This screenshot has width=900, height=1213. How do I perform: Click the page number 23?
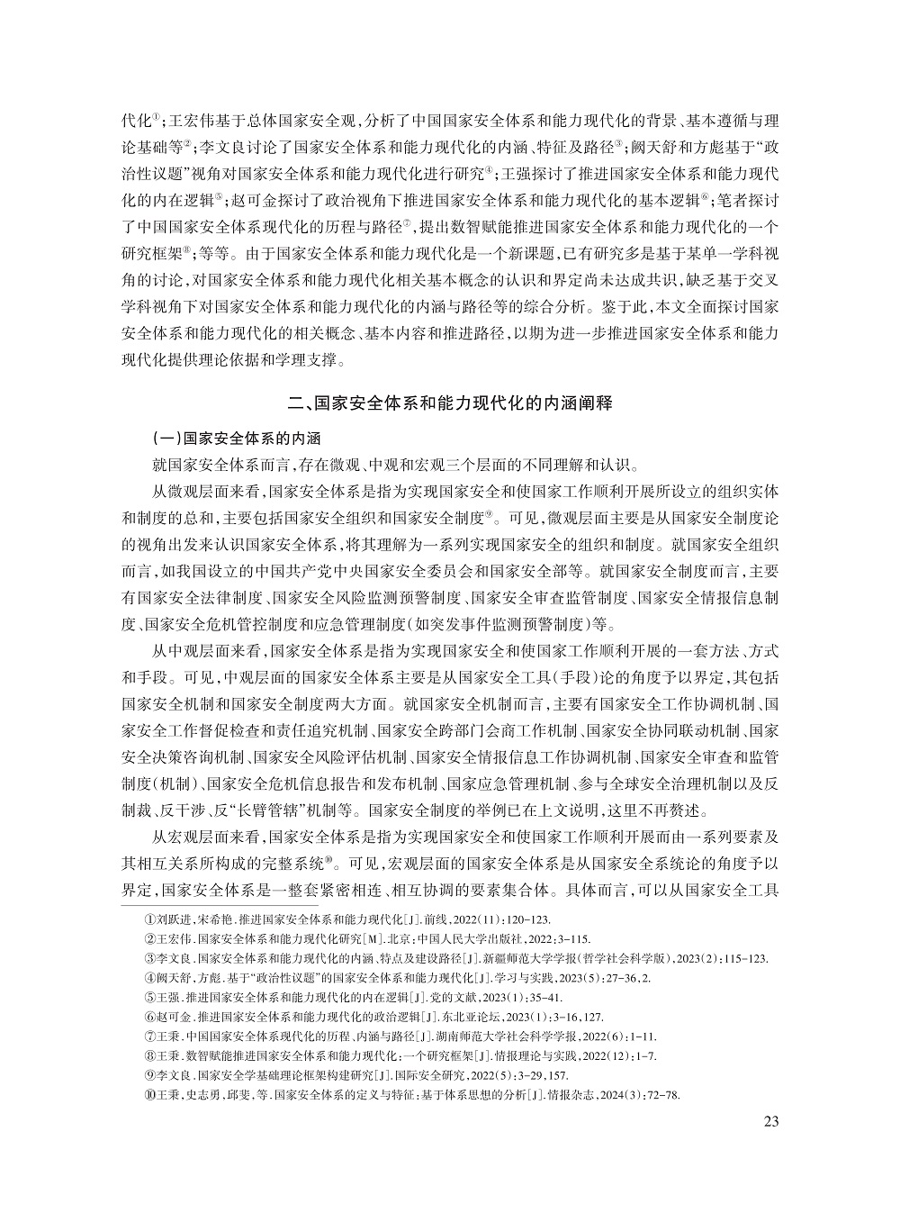click(770, 1121)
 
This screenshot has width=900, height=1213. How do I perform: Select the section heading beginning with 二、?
click(449, 403)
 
